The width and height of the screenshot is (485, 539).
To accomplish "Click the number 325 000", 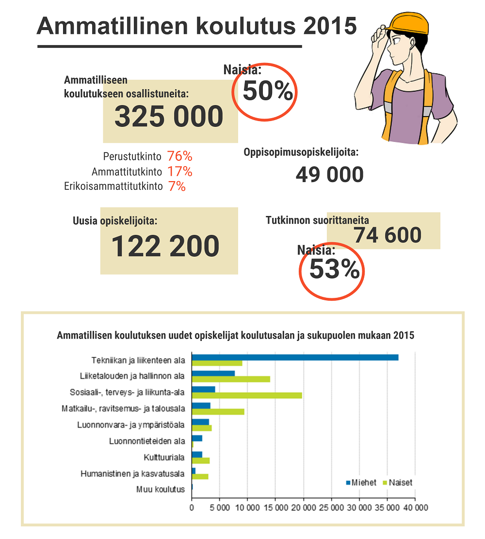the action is (169, 117).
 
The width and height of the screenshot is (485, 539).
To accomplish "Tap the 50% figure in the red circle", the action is (268, 91).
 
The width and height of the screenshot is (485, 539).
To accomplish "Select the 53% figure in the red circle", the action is (335, 269).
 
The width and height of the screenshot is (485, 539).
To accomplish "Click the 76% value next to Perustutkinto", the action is (179, 156).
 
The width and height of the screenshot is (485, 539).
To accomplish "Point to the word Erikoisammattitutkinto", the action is (113, 186).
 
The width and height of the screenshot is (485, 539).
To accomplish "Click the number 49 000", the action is (330, 174).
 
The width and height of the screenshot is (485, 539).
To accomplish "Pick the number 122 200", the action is (165, 246).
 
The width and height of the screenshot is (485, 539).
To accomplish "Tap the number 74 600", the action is (388, 235).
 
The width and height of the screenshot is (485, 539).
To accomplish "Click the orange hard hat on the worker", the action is (408, 23).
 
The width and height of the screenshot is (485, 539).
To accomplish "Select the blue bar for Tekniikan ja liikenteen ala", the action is (295, 357).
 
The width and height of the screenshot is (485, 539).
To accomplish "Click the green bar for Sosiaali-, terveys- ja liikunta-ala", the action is (247, 396).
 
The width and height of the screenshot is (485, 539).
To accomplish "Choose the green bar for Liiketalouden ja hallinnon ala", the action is (231, 379).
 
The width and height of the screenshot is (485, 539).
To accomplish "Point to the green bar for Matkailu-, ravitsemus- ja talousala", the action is (218, 412).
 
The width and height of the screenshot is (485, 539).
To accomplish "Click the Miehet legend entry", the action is (361, 483).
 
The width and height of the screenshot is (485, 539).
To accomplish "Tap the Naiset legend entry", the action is (398, 483).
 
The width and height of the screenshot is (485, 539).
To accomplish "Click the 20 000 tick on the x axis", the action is (303, 508).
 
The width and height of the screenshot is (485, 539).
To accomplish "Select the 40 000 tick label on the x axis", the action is (416, 508).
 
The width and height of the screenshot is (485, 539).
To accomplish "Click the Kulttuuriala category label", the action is (164, 458).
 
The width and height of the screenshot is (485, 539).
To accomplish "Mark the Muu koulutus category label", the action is (161, 490).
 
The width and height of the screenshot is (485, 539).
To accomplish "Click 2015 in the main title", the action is (330, 26).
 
